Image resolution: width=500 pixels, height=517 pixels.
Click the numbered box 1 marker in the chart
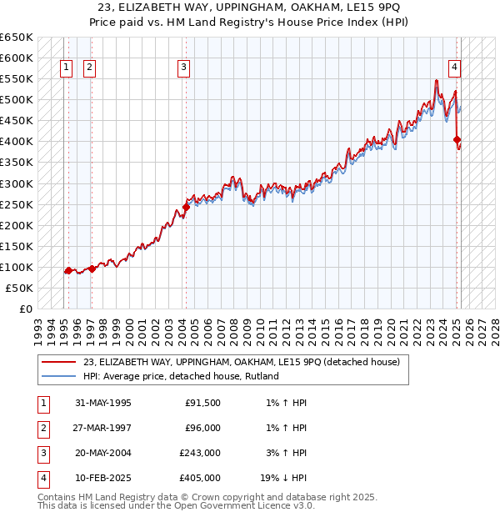point(66,68)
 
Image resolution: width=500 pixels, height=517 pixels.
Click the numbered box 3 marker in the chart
point(183,68)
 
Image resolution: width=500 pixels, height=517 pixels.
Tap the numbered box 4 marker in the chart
point(455,68)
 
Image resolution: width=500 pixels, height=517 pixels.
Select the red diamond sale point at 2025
point(457,139)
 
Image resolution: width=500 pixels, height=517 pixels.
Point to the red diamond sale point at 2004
point(186,207)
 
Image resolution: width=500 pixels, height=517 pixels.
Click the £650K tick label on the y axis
point(17,38)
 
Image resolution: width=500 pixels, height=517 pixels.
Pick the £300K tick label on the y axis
point(17,183)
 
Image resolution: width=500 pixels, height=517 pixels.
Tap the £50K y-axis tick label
point(20,288)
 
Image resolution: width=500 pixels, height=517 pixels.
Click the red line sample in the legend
point(58,362)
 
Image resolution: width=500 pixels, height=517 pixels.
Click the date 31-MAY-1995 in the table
point(103,404)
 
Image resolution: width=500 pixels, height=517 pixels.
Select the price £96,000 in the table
point(202,428)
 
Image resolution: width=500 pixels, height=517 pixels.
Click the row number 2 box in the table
point(42,429)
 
